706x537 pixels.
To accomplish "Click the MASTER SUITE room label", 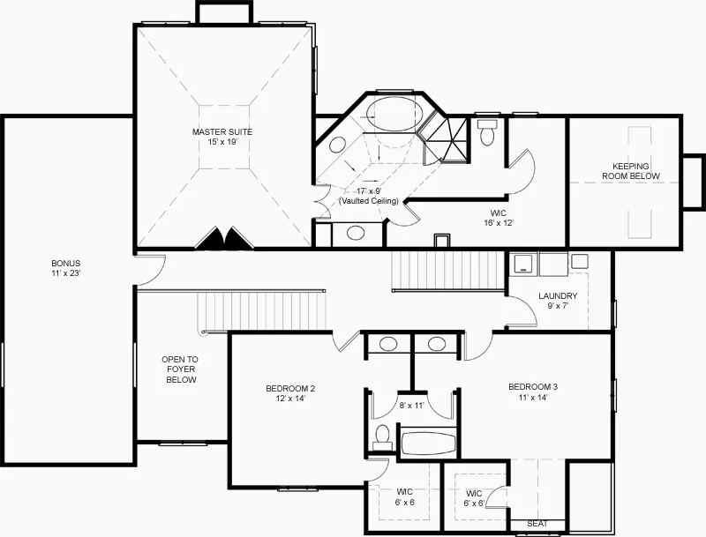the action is pos(222,131).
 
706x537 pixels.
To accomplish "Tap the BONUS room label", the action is pos(65,264).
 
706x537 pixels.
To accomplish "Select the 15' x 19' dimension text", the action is pos(222,142).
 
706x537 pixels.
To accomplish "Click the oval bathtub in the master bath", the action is pos(394,115).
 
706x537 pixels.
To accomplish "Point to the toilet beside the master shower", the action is pos(487,132).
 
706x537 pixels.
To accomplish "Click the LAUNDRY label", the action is pos(558,296).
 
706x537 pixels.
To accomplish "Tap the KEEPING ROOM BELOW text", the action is pos(631,171).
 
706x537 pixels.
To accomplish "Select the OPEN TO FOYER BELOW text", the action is pos(180,369).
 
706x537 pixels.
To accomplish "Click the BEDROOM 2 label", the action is pos(290,389).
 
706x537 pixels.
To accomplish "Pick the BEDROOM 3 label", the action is pos(533,387).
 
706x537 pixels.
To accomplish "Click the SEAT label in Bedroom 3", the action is pos(537,524).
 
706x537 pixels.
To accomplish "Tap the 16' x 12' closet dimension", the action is pos(499,223).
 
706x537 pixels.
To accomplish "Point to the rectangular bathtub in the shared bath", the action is pos(428,444).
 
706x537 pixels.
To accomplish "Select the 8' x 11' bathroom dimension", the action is pos(411,406).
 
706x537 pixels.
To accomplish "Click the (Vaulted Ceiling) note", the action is pos(369,201).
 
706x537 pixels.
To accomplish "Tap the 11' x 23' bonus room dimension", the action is pos(65,273).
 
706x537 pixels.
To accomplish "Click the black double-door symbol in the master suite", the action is pos(224,237).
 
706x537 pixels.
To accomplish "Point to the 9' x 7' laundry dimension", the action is pos(558,306).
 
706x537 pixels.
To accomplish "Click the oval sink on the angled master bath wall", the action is pos(338,145).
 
